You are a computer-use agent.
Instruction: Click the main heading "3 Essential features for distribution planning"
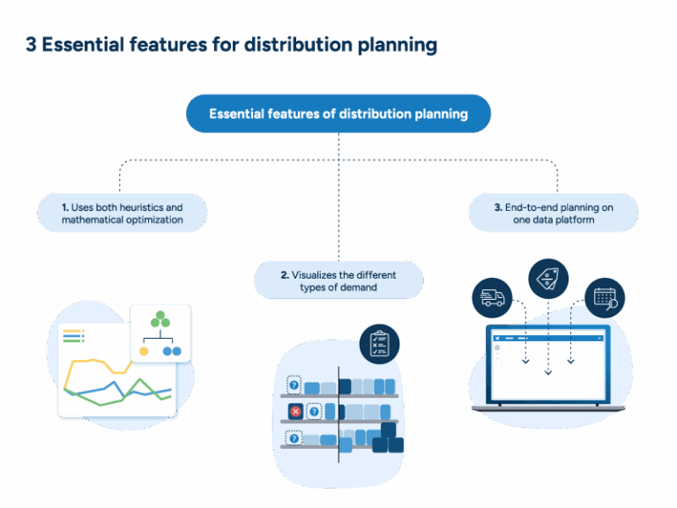coord(231,46)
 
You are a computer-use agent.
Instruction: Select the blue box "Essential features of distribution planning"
coord(338,114)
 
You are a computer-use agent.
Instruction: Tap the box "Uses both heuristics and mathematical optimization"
coord(123,213)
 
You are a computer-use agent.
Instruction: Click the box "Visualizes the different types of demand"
coord(338,280)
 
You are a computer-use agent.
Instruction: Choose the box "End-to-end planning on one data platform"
coord(554,213)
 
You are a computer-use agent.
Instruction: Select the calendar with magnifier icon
coord(605,298)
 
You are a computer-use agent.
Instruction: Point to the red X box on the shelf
coord(295,411)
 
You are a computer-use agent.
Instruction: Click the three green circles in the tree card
coord(160,320)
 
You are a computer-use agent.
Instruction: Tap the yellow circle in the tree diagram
coord(145,351)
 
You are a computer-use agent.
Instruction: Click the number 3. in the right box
coord(499,207)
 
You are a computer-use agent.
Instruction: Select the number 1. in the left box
coord(65,207)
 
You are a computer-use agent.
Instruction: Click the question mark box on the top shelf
coord(294,385)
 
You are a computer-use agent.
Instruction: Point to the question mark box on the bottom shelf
coord(294,437)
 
